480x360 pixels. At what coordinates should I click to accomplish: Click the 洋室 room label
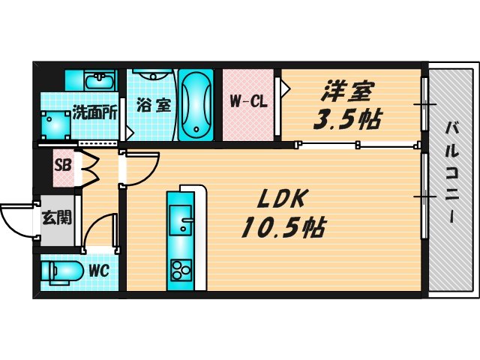346,93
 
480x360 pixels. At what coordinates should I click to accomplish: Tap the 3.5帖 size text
346,119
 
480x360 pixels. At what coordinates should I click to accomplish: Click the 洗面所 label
94,114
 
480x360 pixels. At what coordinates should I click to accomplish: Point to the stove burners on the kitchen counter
181,268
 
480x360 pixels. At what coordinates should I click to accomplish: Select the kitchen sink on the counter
181,222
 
